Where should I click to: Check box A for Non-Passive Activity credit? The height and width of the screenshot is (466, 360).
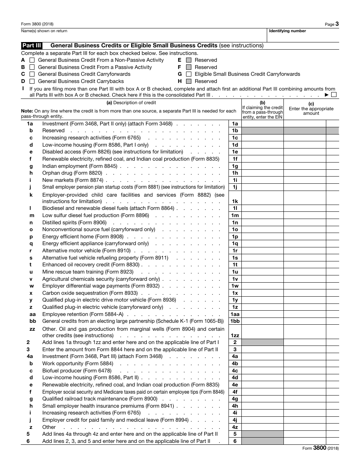point(32,60)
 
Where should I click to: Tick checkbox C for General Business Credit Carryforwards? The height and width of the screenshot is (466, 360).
point(32,74)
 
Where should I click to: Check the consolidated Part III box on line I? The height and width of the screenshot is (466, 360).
point(333,95)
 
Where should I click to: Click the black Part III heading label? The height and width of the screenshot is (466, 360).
point(31,45)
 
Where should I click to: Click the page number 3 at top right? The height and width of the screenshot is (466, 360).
point(337,24)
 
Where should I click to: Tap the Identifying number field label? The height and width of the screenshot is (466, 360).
point(287,31)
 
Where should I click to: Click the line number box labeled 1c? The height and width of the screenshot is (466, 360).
point(235,138)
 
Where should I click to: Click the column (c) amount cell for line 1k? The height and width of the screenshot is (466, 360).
point(305,198)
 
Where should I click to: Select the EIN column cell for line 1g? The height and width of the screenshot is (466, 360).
point(262,166)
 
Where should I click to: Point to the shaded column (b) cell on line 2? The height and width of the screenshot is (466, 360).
point(262,342)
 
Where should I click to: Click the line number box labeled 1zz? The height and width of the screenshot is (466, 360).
point(235,335)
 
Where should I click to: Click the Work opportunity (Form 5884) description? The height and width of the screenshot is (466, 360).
point(72,364)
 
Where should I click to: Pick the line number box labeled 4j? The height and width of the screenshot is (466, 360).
point(235,420)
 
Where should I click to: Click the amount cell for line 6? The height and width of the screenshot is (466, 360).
point(305,441)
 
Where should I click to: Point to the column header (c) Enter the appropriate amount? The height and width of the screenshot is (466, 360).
point(311,109)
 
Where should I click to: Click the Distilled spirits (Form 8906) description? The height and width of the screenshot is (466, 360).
point(74,222)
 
